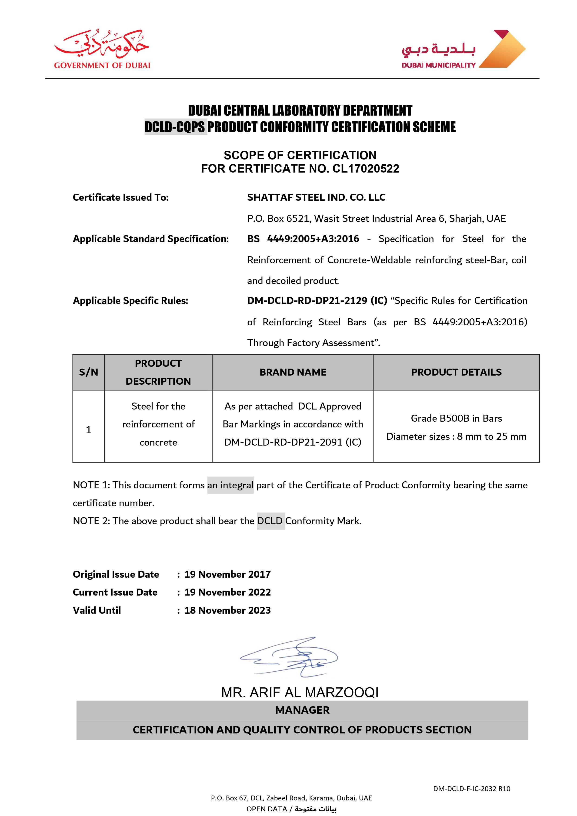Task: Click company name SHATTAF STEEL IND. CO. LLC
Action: point(316,197)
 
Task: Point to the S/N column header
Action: point(89,372)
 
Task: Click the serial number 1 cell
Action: point(89,430)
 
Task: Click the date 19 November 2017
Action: point(227,574)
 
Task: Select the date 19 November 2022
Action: point(227,592)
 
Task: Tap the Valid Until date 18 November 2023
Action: point(227,610)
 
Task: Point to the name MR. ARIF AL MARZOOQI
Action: point(300,692)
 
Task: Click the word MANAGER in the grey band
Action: point(302,710)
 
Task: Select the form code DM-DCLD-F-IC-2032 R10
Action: point(471,789)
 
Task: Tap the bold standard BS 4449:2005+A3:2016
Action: point(303,239)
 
